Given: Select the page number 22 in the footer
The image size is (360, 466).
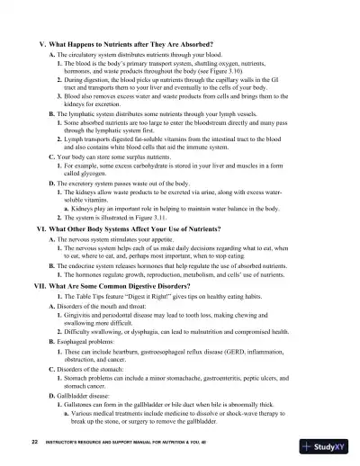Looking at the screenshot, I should [33, 444].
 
